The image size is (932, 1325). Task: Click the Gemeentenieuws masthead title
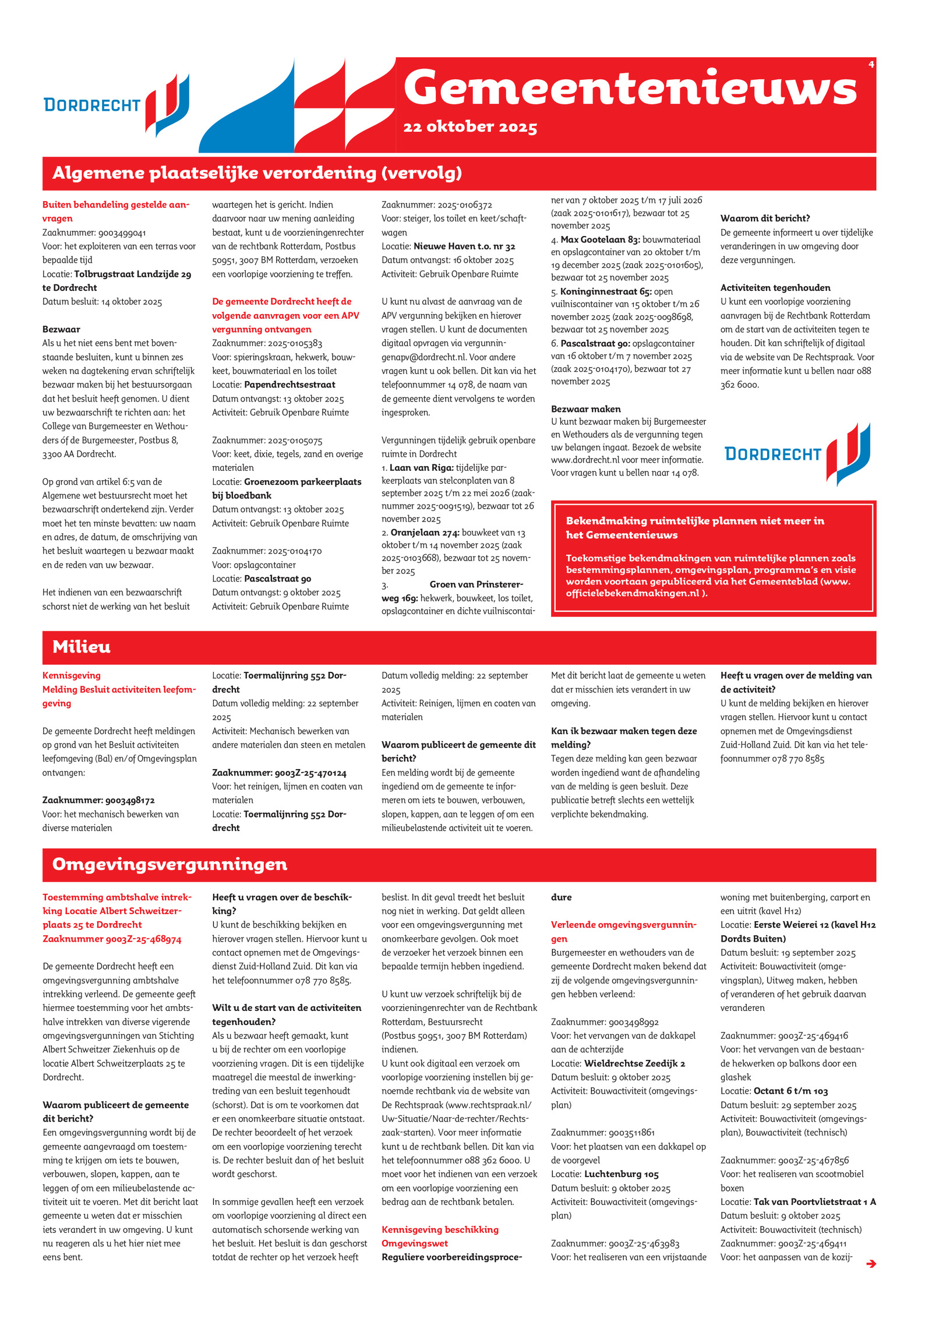[630, 89]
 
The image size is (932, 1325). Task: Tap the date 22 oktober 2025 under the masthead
[470, 127]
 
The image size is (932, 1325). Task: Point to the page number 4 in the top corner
[871, 65]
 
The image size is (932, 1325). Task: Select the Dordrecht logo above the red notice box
[797, 454]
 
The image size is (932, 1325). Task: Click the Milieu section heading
[82, 647]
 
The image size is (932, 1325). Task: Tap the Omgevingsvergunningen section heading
[170, 864]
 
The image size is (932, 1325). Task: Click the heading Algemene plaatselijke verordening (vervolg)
[257, 173]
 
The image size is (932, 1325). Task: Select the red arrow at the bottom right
[871, 1263]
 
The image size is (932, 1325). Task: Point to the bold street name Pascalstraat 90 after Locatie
[277, 579]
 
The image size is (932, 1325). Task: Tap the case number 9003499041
[122, 232]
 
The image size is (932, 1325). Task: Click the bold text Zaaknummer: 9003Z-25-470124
[279, 773]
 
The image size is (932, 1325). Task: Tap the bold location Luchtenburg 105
[621, 1174]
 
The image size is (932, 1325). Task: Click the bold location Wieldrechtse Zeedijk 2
[634, 1063]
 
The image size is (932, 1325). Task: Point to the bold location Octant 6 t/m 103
[790, 1091]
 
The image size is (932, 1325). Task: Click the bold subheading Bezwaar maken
[585, 409]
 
